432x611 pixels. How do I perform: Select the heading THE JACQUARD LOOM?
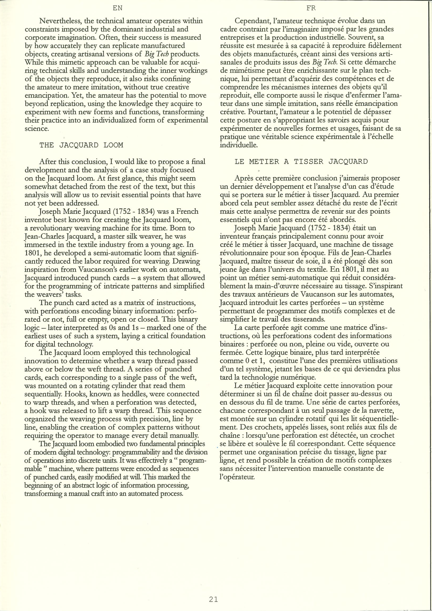tap(81, 145)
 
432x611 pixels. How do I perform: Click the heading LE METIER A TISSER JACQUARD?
tap(301, 161)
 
